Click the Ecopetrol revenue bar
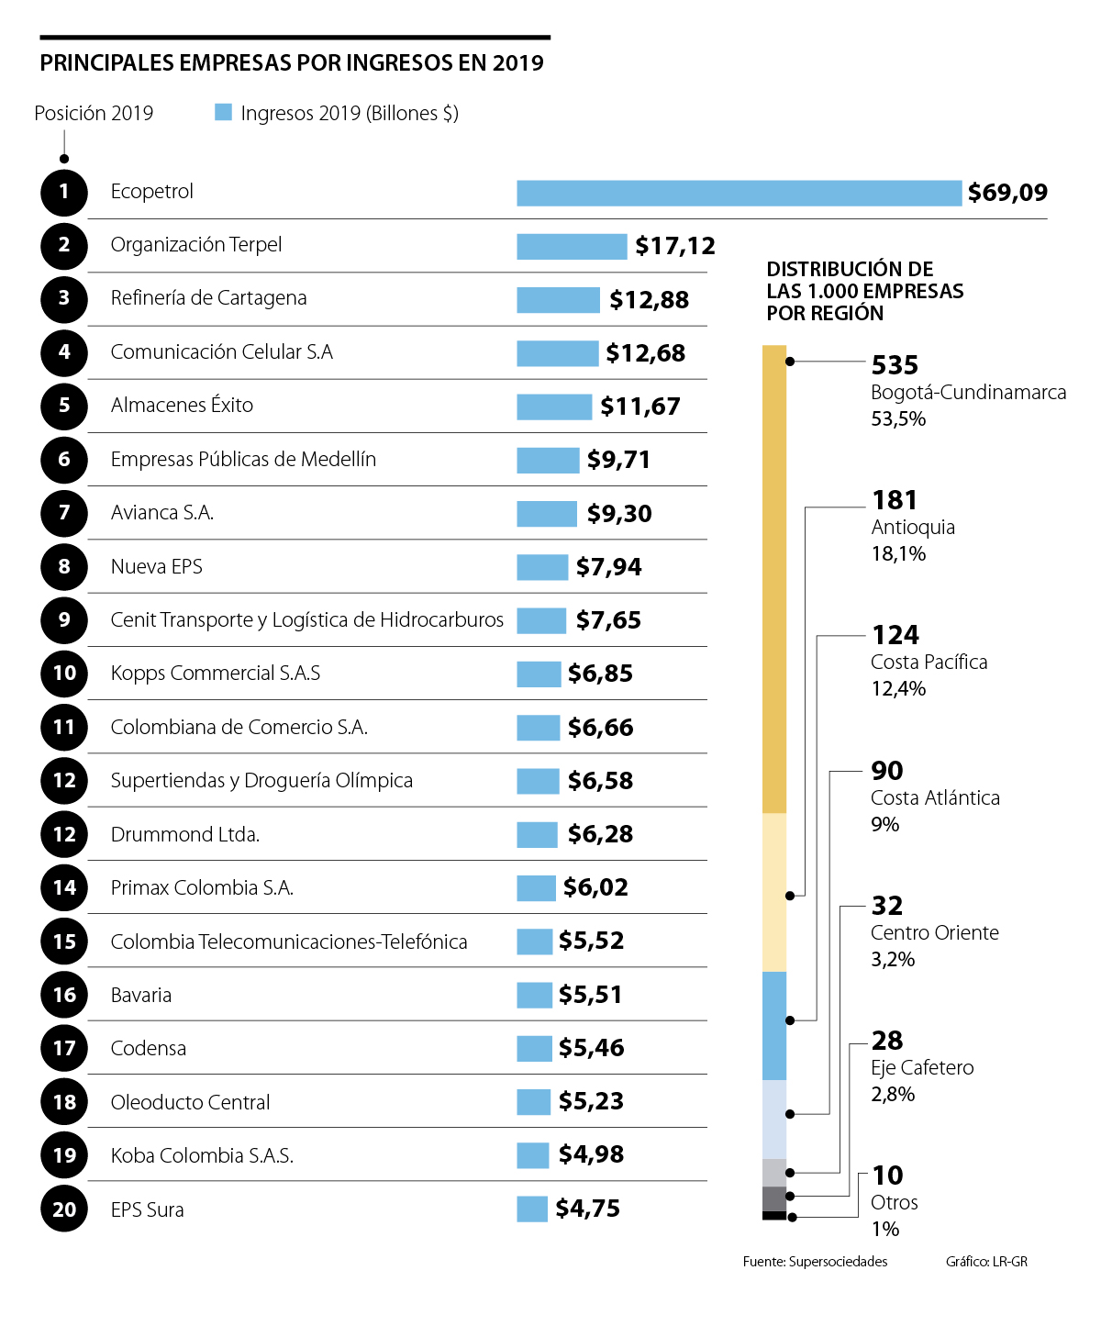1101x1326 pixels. [x=739, y=193]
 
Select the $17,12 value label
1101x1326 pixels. [x=675, y=246]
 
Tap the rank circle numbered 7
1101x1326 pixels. [x=64, y=513]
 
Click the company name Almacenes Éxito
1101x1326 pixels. [x=182, y=406]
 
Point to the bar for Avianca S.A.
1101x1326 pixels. [x=547, y=513]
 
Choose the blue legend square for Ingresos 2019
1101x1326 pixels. [x=223, y=112]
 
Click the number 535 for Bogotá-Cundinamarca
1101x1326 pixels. [x=895, y=365]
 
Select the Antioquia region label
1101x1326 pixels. [x=913, y=528]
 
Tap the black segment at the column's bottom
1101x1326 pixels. [x=774, y=1216]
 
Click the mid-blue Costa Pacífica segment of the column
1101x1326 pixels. [x=774, y=1025]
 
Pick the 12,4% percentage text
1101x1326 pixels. [x=898, y=689]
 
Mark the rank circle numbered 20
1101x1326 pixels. [x=64, y=1209]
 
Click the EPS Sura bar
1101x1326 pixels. [x=532, y=1209]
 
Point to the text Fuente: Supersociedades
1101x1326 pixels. [x=815, y=1262]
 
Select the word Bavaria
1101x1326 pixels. [x=141, y=996]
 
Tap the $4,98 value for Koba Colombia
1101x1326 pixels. [x=591, y=1154]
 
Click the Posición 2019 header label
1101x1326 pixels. [x=94, y=114]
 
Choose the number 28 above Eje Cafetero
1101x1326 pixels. [x=887, y=1041]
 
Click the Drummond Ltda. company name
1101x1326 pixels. [x=185, y=835]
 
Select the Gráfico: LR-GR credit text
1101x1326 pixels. [x=986, y=1262]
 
